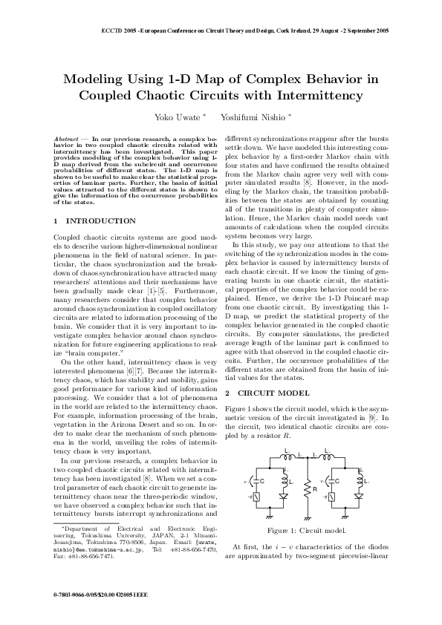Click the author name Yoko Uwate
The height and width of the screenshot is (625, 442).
click(174, 117)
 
